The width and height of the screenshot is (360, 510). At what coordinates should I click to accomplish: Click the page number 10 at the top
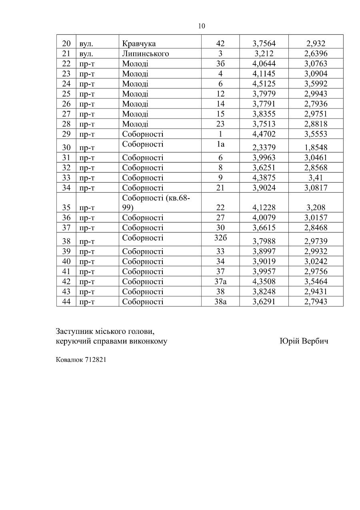pyautogui.click(x=202, y=26)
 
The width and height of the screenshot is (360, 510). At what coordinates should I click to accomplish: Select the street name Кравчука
pyautogui.click(x=139, y=44)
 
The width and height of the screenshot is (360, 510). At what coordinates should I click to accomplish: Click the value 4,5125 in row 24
pyautogui.click(x=264, y=84)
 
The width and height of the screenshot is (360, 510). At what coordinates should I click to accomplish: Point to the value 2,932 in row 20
pyautogui.click(x=316, y=44)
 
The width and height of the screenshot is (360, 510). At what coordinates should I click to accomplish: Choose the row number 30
pyautogui.click(x=66, y=148)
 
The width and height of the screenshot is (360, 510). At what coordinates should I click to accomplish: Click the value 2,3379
pyautogui.click(x=264, y=148)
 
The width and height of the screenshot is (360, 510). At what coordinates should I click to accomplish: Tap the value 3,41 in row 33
pyautogui.click(x=316, y=178)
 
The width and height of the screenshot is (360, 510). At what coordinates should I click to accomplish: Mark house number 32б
pyautogui.click(x=220, y=238)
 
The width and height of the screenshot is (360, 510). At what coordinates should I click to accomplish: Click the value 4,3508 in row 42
pyautogui.click(x=264, y=281)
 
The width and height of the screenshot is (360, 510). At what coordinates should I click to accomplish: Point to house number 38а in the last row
pyautogui.click(x=220, y=301)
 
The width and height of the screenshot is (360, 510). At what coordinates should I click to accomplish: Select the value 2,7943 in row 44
pyautogui.click(x=316, y=301)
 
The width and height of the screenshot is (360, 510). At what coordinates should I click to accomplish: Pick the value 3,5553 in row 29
pyautogui.click(x=316, y=134)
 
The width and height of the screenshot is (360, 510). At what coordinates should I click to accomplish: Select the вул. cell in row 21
pyautogui.click(x=86, y=54)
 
